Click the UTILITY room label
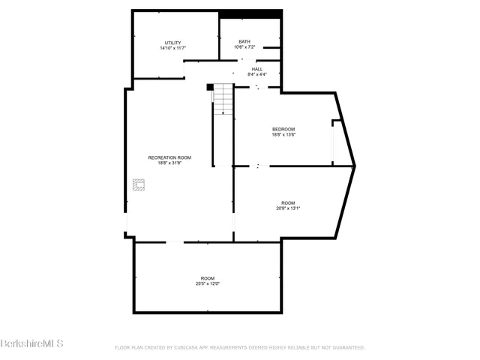tap(172, 42)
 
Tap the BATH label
tap(244, 41)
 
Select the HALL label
tap(257, 68)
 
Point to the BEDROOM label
tap(283, 129)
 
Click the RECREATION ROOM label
tap(169, 157)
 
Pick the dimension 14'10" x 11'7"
tap(172, 48)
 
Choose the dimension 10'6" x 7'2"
tap(244, 47)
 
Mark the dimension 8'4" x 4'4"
tap(257, 74)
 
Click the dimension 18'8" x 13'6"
tap(283, 135)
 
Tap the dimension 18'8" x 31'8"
tap(169, 163)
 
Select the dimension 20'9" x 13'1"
tap(288, 208)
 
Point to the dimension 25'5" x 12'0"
tap(207, 283)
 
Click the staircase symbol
tap(223, 100)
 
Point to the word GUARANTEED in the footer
tap(347, 347)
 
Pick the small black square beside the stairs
tap(211, 86)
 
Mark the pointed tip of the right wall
tap(355, 165)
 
